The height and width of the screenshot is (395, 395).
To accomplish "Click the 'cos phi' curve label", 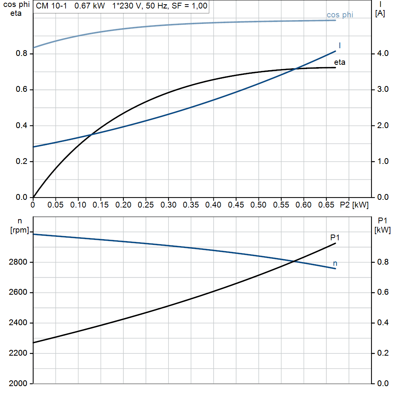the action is pos(340,15).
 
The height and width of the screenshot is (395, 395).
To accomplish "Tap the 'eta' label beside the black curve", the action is pos(339,62).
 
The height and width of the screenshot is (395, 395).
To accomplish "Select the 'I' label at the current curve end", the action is pos(340,46).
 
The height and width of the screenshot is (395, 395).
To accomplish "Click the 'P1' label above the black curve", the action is pos(335,237).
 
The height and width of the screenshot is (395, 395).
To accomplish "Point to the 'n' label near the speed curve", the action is pos(335,263).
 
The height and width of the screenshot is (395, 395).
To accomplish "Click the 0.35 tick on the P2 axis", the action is pos(191,205).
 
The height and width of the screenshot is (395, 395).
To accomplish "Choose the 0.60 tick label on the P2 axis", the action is pos(304,205).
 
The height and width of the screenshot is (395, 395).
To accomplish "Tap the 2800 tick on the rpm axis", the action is pos(18,262).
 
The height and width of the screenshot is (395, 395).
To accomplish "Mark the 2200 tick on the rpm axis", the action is pos(18,353).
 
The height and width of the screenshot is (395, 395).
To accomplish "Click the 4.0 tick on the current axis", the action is pos(383,53).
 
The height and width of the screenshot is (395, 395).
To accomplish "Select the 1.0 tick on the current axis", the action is pos(383,161).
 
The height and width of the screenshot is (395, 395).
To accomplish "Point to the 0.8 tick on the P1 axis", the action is pos(383,262).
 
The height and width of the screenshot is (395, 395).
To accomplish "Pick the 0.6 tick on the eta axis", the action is pos(22,89).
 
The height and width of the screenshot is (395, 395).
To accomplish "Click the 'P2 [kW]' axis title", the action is pos(354,205).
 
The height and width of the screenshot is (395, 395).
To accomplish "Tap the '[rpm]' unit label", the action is pos(20,230).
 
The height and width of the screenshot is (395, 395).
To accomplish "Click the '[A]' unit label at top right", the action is pos(380,14).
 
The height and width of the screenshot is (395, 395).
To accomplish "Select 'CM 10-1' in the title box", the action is pos(51,6).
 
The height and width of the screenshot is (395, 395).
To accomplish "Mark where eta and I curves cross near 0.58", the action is pos(296,69).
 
